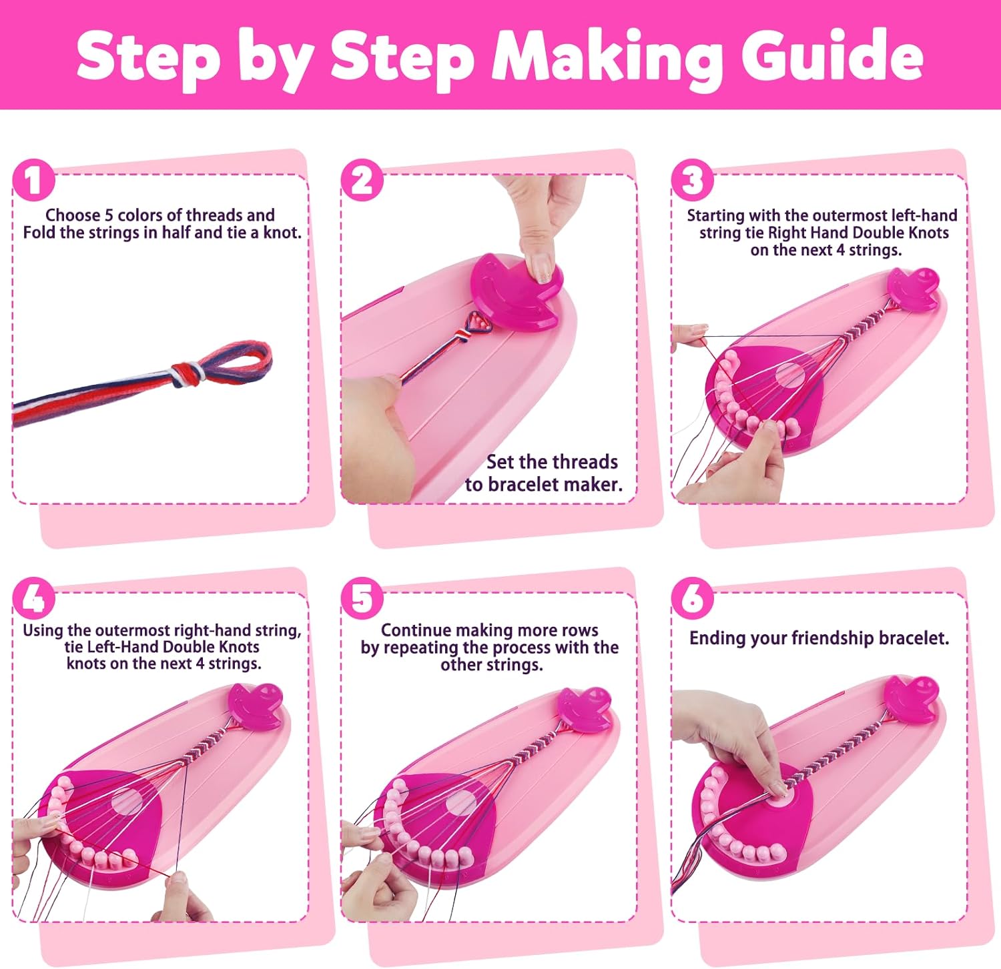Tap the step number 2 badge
(362, 180)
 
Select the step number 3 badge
(692, 180)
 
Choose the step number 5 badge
(362, 598)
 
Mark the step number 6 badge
(692, 598)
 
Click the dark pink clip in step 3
(913, 288)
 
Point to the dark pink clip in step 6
(912, 699)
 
